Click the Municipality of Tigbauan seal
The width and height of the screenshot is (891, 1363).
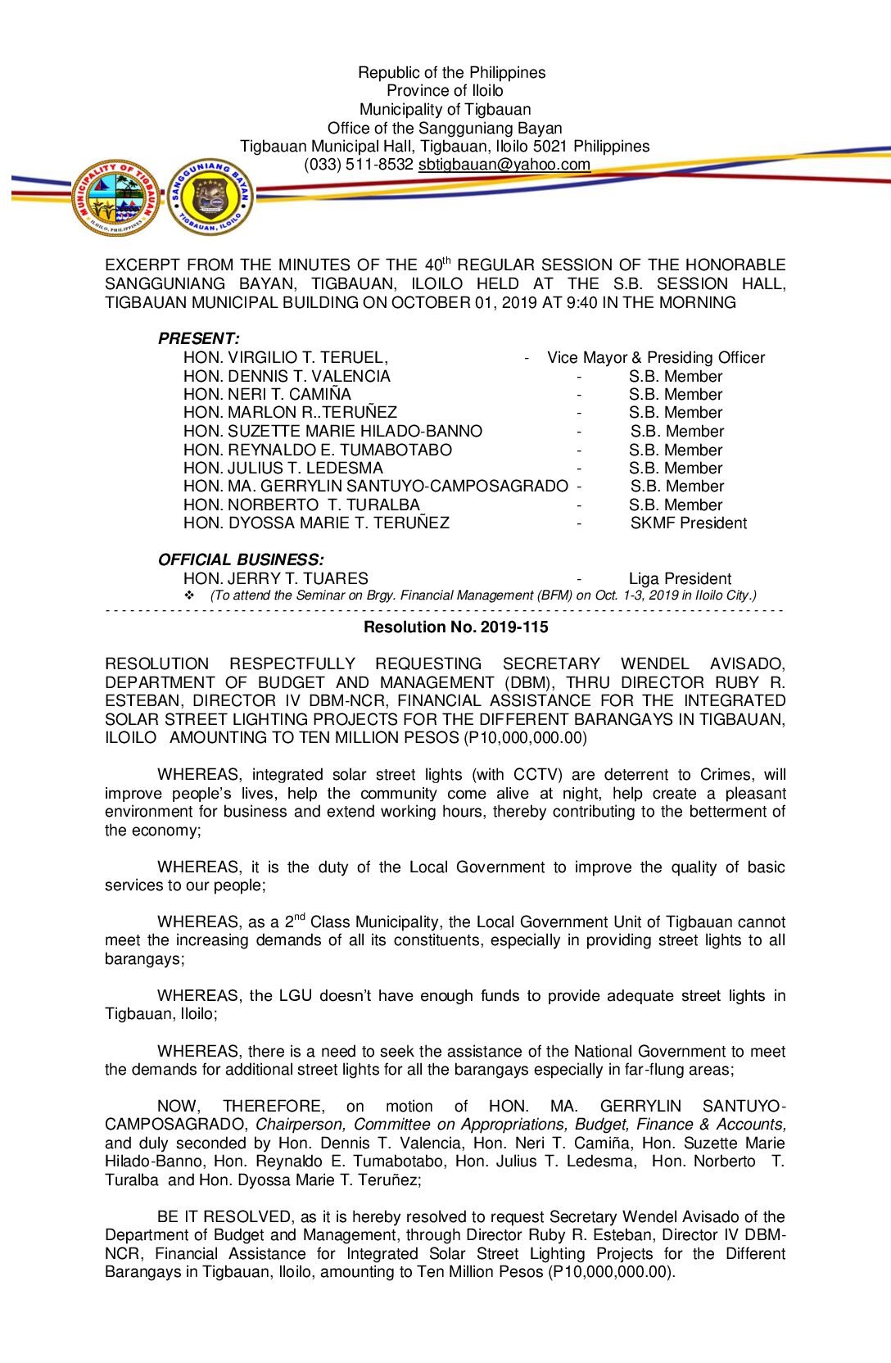115,197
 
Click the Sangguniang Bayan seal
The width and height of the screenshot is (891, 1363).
210,197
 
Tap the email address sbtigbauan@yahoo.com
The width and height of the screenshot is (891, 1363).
504,165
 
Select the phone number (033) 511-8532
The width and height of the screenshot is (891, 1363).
359,165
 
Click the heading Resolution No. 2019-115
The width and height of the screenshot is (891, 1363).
455,627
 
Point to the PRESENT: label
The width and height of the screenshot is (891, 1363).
199,338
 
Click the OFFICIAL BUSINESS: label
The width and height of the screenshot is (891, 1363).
241,559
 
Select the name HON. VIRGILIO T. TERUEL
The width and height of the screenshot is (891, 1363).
285,358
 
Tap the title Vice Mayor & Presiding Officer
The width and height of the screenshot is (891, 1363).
656,358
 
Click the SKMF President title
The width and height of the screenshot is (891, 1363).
688,523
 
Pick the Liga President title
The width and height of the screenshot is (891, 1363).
680,579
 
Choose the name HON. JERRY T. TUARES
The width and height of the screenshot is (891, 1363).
275,579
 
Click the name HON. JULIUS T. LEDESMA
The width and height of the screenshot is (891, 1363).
283,469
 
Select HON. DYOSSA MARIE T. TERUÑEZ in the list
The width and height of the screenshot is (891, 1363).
316,523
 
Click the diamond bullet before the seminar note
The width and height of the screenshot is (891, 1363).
189,595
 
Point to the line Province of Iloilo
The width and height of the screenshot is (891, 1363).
445,91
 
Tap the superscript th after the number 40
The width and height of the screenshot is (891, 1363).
446,260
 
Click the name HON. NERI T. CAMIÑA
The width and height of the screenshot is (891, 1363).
267,395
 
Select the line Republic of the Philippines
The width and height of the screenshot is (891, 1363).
451,73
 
